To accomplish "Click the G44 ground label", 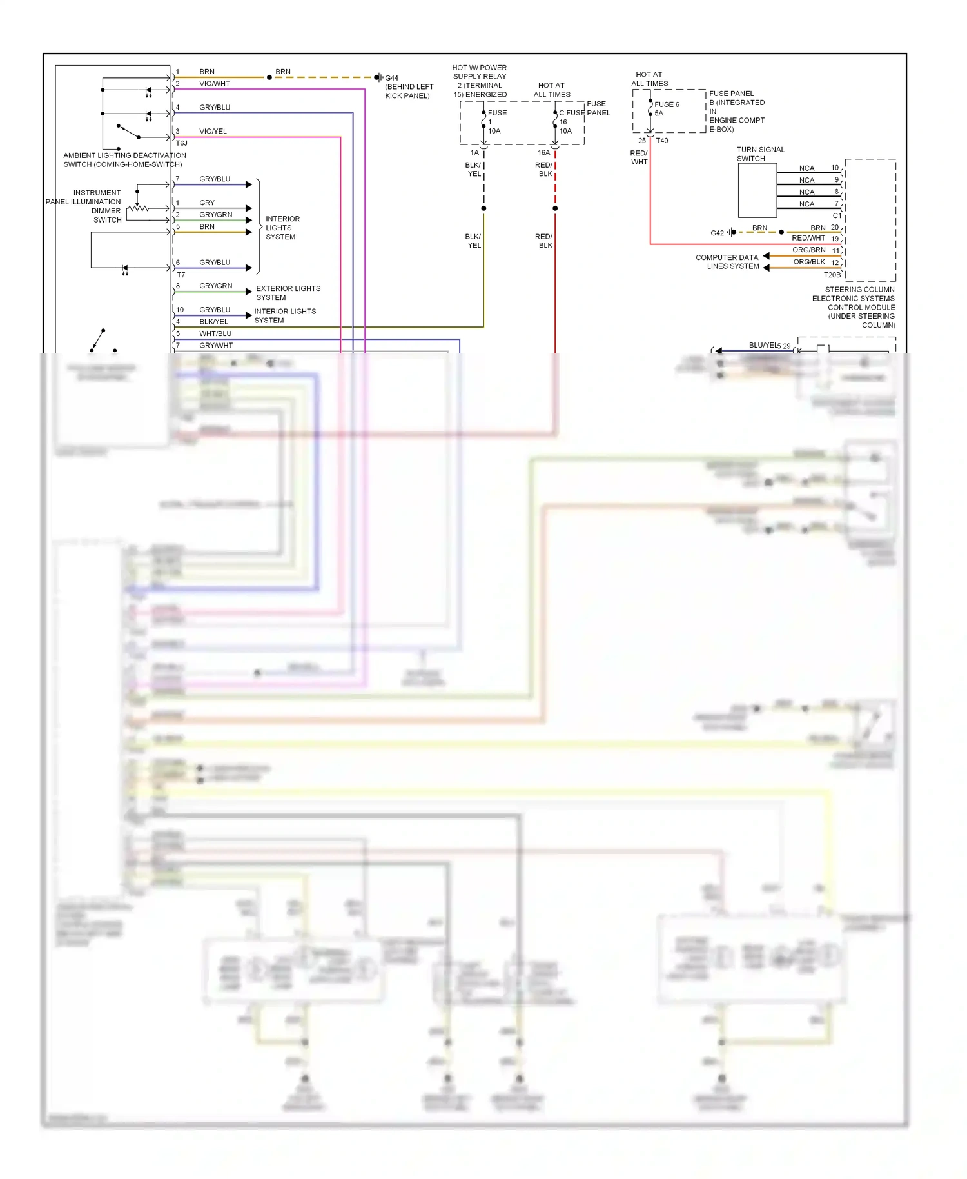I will pyautogui.click(x=391, y=78).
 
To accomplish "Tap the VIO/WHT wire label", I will pyautogui.click(x=214, y=84).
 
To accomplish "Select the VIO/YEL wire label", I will pyautogui.click(x=213, y=132).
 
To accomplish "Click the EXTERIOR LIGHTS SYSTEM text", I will pyautogui.click(x=288, y=293).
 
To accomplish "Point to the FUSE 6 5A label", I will pyautogui.click(x=666, y=108).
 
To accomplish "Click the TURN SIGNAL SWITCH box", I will pyautogui.click(x=757, y=191).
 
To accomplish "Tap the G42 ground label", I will pyautogui.click(x=717, y=233).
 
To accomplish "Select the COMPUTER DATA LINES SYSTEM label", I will pyautogui.click(x=727, y=262).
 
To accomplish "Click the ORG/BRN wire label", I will pyautogui.click(x=808, y=250).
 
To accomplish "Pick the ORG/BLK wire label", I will pyautogui.click(x=808, y=262).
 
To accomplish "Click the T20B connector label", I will pyautogui.click(x=832, y=275).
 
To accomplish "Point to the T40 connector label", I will pyautogui.click(x=662, y=141).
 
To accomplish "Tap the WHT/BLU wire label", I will pyautogui.click(x=215, y=334).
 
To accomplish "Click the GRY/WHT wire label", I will pyautogui.click(x=216, y=346).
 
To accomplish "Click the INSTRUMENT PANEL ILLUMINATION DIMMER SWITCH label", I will pyautogui.click(x=83, y=206).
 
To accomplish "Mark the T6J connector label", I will pyautogui.click(x=182, y=143).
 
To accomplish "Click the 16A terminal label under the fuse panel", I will pyautogui.click(x=543, y=153).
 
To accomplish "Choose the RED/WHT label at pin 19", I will pyautogui.click(x=808, y=239).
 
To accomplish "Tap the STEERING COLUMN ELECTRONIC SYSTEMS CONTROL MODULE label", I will pyautogui.click(x=854, y=307).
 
